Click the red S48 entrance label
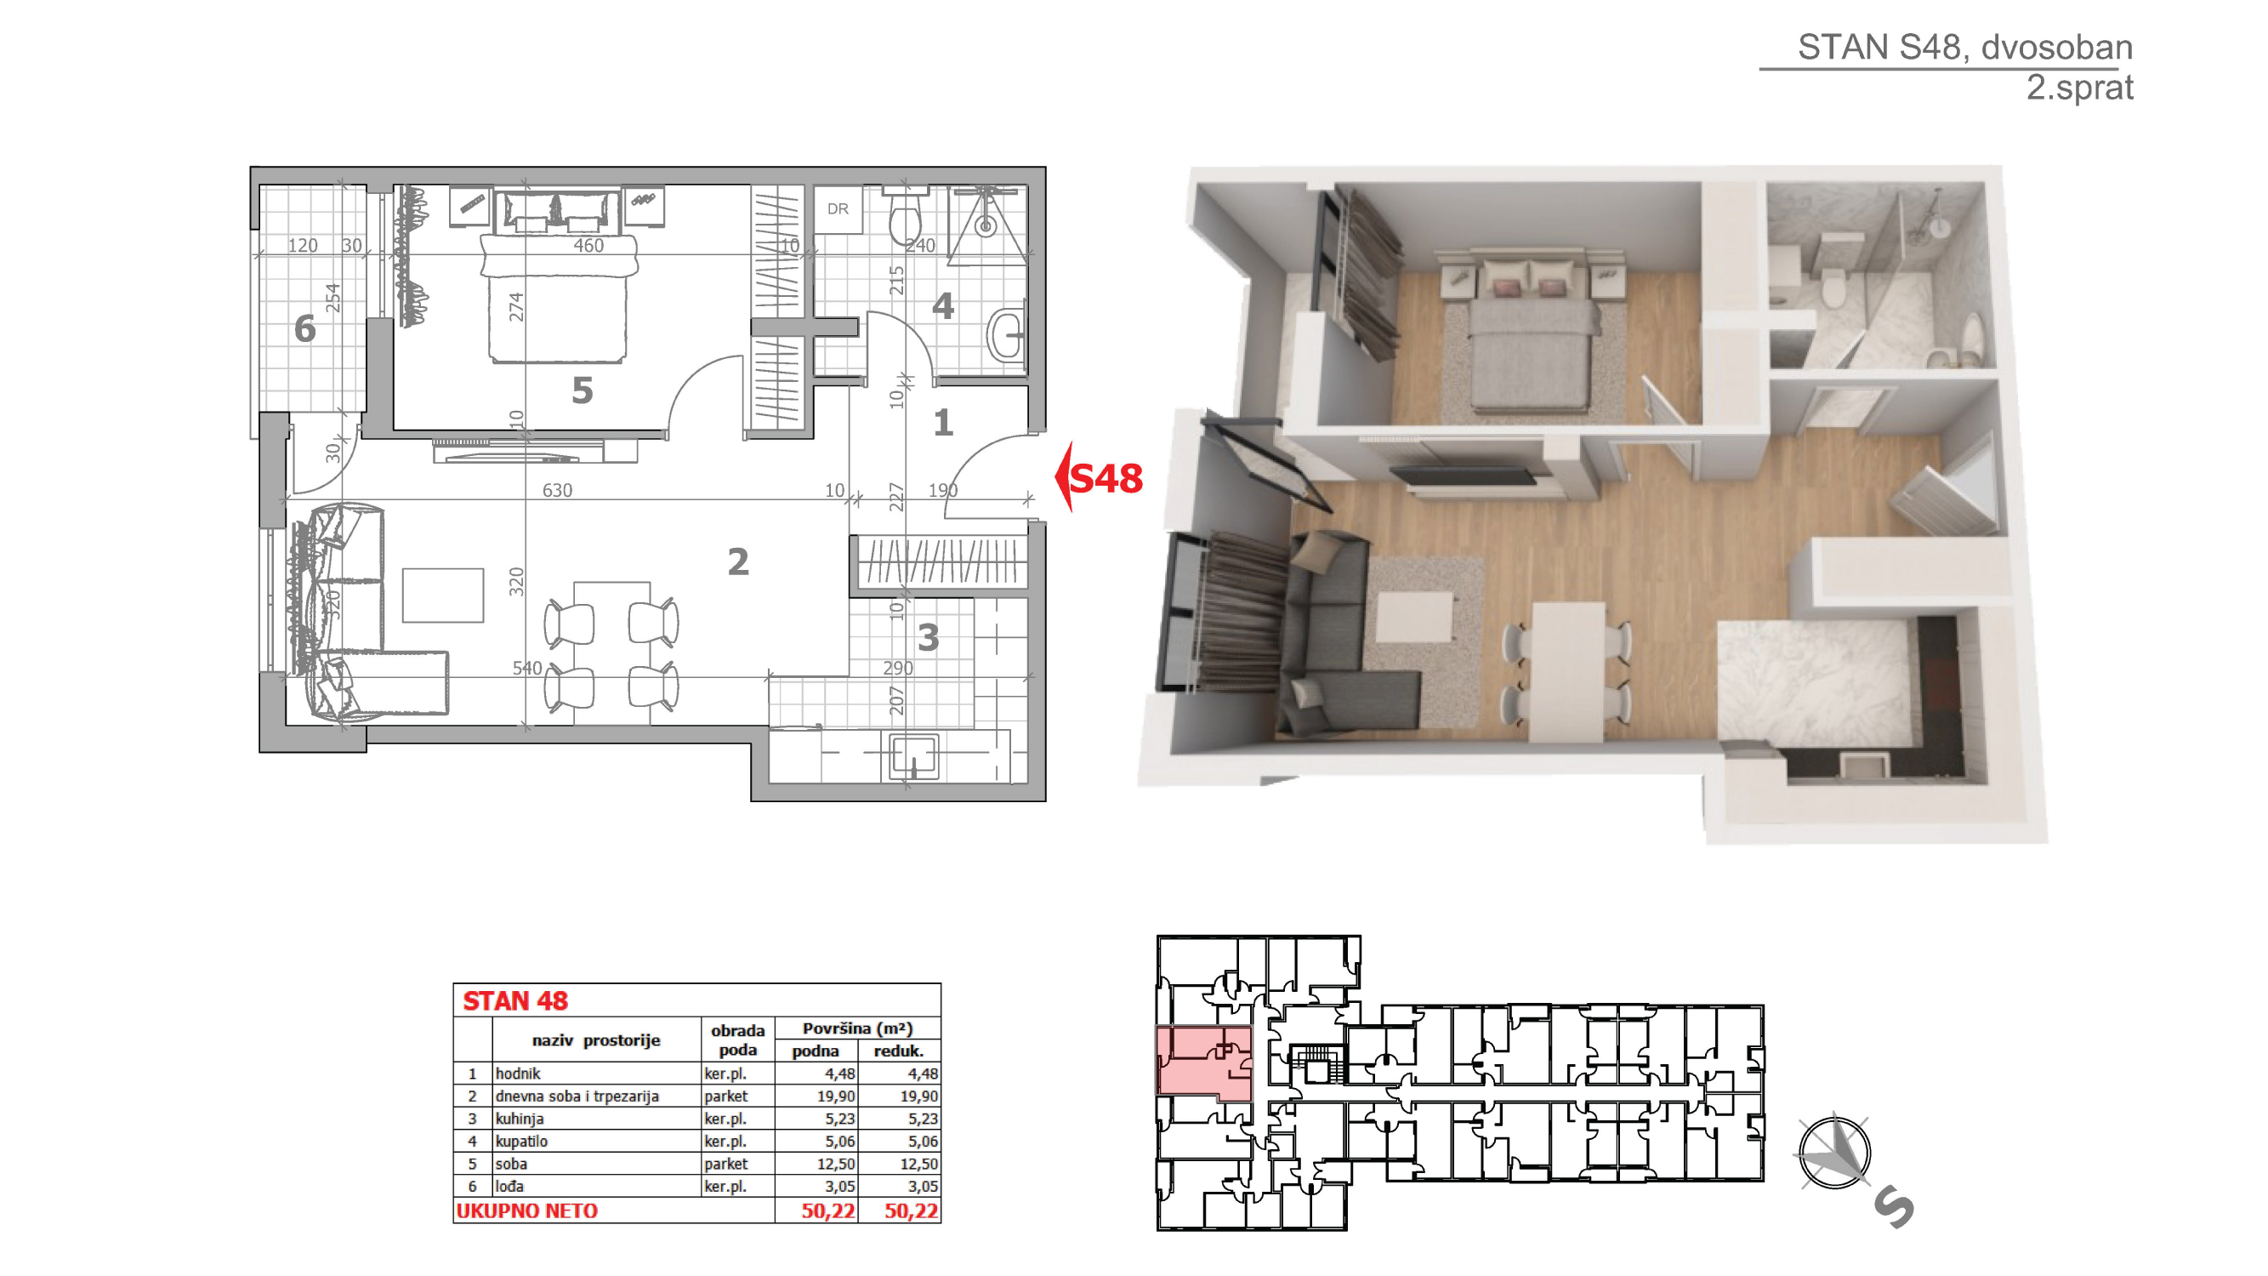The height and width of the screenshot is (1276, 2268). click(1106, 478)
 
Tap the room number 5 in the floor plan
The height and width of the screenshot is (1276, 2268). click(582, 390)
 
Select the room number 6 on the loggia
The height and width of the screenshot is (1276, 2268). click(304, 328)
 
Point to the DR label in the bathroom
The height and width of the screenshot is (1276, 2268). click(838, 208)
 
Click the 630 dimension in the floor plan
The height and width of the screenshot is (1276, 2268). click(557, 490)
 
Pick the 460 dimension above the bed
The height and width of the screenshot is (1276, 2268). click(588, 245)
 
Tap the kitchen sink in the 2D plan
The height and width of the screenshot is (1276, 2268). click(913, 755)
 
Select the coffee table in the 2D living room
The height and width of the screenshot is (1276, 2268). click(443, 595)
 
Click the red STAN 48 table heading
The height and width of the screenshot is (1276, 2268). click(515, 1000)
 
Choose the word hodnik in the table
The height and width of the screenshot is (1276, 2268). click(518, 1074)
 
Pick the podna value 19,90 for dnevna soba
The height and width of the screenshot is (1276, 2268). click(836, 1096)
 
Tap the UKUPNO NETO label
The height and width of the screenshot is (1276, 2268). click(526, 1210)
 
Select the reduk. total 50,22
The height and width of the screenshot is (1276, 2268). click(912, 1210)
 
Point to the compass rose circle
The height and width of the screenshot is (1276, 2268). click(1834, 1153)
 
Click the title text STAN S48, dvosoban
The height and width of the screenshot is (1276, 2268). click(1964, 47)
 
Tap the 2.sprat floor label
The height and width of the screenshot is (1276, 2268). click(2078, 87)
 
